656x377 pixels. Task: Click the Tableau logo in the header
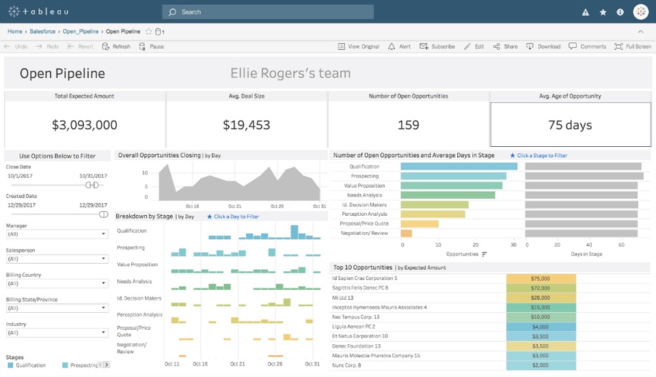38,12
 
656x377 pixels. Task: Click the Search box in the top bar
268,12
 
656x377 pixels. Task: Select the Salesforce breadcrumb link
42,31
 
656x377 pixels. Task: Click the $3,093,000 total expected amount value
85,125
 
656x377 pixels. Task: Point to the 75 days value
570,125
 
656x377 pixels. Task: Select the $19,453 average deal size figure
247,125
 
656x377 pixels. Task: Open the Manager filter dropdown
57,234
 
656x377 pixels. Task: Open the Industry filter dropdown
57,333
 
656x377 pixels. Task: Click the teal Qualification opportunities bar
457,166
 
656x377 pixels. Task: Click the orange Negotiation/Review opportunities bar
407,233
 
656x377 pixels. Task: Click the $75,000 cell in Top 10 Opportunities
541,278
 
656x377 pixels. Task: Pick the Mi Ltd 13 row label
343,298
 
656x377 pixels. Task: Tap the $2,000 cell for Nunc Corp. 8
541,365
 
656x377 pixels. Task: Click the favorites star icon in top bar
603,12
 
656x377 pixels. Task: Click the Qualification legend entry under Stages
27,365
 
